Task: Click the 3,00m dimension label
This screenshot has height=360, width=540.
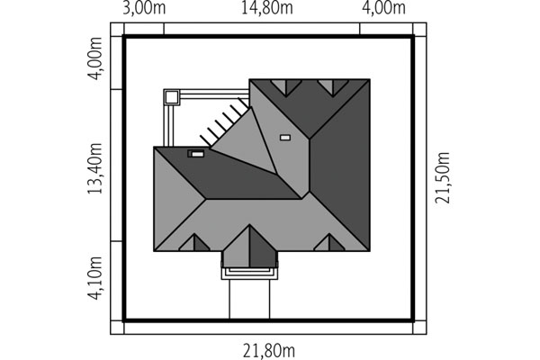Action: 144,7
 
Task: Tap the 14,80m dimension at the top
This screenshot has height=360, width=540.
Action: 267,7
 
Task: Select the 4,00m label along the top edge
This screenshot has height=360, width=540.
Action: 383,7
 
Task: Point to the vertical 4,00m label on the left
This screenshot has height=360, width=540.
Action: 95,58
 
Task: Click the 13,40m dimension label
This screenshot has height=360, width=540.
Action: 95,168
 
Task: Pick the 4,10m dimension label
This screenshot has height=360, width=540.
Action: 95,278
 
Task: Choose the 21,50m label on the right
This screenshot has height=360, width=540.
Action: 442,178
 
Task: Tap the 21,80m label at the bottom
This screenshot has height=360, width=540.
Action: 269,351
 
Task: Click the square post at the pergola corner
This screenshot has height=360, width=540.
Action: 172,97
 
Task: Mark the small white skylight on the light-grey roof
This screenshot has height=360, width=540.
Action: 285,138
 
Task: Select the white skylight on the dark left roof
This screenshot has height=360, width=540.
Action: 197,154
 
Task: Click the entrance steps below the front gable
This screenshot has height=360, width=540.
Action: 249,273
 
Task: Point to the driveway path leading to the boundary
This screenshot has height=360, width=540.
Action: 249,299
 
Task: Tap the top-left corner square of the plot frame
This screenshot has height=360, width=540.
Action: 117,30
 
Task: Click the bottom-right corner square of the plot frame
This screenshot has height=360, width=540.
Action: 419,328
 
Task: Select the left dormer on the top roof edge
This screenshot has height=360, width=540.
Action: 286,86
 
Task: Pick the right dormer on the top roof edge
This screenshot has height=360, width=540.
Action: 333,86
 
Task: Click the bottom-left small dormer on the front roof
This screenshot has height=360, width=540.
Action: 194,242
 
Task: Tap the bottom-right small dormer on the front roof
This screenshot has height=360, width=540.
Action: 329,242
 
